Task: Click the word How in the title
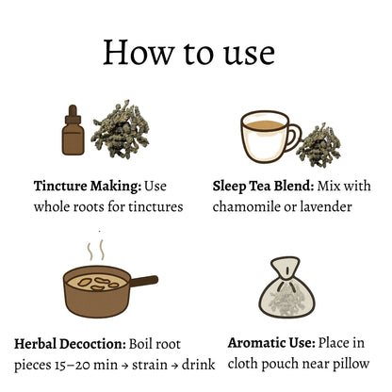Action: click(x=139, y=53)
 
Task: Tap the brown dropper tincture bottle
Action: click(x=73, y=130)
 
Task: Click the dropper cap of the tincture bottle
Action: click(x=73, y=114)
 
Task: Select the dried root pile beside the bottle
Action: click(x=120, y=129)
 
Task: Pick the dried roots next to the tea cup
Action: click(x=318, y=145)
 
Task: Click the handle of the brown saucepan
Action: click(x=144, y=281)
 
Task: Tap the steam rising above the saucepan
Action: click(x=95, y=250)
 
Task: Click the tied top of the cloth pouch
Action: click(x=286, y=268)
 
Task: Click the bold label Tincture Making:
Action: click(x=88, y=186)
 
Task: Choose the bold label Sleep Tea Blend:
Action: click(x=263, y=186)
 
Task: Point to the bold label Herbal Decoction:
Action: click(x=70, y=344)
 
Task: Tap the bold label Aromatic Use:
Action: click(x=271, y=343)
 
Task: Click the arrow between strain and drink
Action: click(x=176, y=366)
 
